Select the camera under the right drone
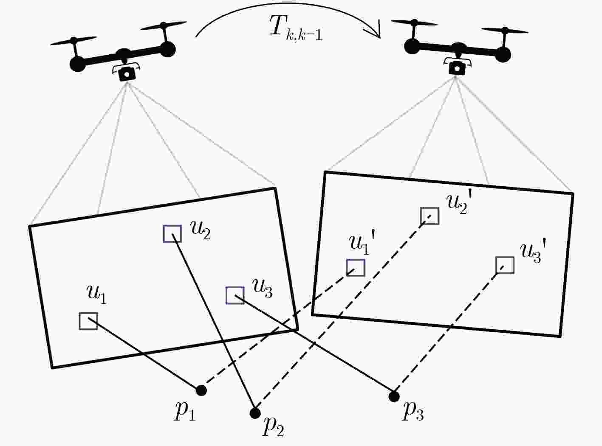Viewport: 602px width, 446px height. point(457,67)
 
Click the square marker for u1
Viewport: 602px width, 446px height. point(88,321)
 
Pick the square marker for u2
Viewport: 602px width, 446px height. point(172,233)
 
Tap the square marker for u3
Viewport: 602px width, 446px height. point(235,295)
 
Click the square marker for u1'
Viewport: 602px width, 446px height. point(356,268)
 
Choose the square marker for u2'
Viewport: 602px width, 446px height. point(430,216)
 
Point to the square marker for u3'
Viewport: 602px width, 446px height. point(505,265)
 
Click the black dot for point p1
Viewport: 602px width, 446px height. point(201,390)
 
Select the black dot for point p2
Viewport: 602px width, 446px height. point(255,413)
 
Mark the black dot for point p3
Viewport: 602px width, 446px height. point(394,396)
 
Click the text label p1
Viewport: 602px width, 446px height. point(184,412)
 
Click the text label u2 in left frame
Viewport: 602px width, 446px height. point(201,231)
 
